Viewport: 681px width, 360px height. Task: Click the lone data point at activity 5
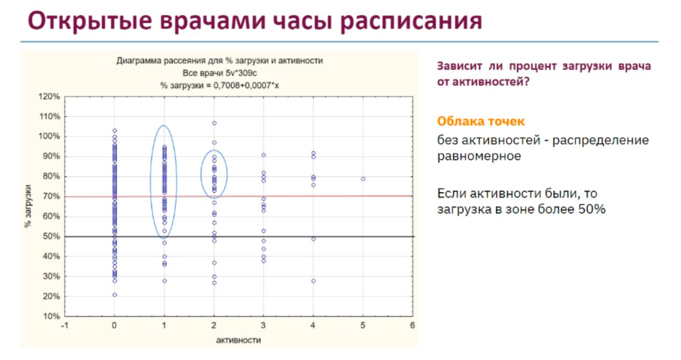pyautogui.click(x=363, y=179)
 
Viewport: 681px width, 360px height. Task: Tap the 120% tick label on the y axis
pyautogui.click(x=49, y=97)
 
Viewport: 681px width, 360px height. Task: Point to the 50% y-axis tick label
pyautogui.click(x=51, y=236)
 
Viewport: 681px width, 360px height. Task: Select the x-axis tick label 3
pyautogui.click(x=263, y=326)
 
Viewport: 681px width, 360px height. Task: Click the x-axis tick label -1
pyautogui.click(x=64, y=326)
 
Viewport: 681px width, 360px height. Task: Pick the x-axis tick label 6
pyautogui.click(x=412, y=326)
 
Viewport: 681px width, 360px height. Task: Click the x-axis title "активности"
pyautogui.click(x=238, y=340)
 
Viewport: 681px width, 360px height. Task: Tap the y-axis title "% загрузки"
pyautogui.click(x=28, y=206)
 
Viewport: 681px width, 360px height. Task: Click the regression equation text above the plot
pyautogui.click(x=219, y=85)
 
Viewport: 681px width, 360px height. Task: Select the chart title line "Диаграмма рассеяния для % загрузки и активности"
pyautogui.click(x=219, y=61)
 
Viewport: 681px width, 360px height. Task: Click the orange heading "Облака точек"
pyautogui.click(x=480, y=121)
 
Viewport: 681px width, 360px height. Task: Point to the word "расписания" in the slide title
pyautogui.click(x=411, y=21)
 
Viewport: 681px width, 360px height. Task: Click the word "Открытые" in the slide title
pyautogui.click(x=90, y=21)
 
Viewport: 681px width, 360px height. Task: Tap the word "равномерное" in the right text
pyautogui.click(x=479, y=156)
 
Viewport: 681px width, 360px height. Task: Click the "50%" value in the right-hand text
pyautogui.click(x=592, y=209)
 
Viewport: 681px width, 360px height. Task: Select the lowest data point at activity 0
pyautogui.click(x=115, y=295)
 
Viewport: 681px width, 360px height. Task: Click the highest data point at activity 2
pyautogui.click(x=214, y=123)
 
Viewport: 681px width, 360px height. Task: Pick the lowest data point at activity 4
pyautogui.click(x=314, y=281)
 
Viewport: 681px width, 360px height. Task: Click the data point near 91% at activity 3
pyautogui.click(x=264, y=155)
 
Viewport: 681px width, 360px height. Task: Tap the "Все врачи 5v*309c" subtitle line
pyautogui.click(x=219, y=73)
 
